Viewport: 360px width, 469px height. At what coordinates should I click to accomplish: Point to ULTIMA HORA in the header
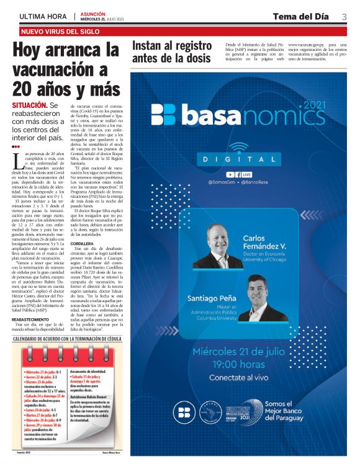tap(43, 16)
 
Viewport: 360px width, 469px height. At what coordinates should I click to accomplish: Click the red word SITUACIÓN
tap(29, 106)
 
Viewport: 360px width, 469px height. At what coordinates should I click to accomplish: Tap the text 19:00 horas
tap(238, 364)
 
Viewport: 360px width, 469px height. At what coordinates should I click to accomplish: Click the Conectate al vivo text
tap(238, 377)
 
